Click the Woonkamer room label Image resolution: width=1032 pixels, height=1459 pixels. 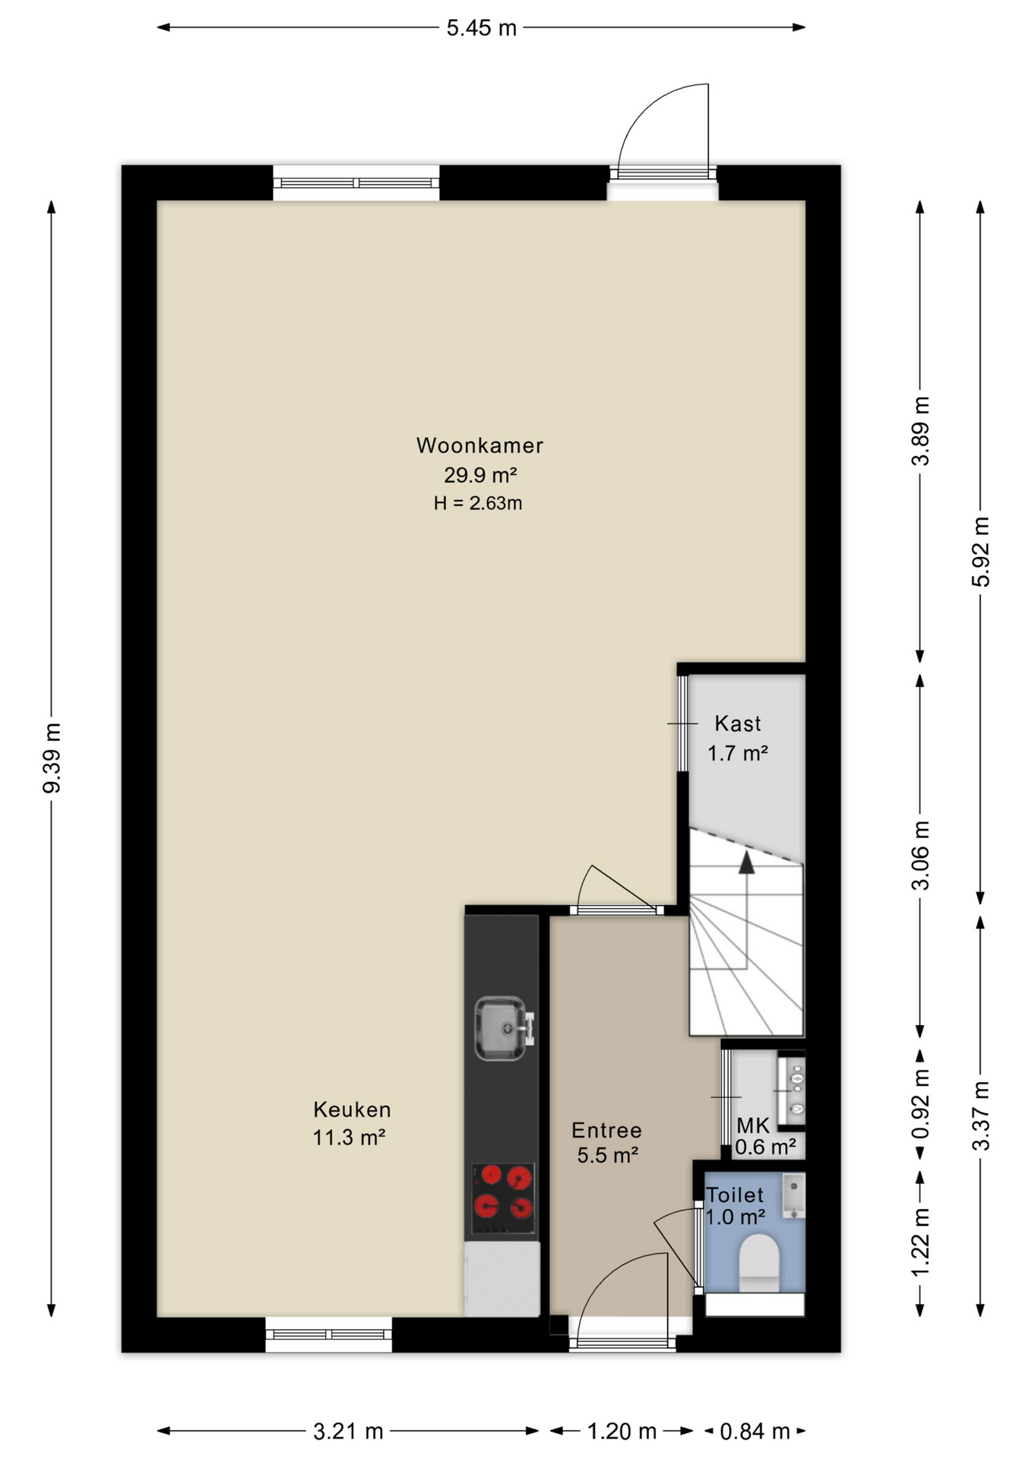click(x=480, y=445)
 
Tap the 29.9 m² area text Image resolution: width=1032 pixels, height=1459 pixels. click(x=480, y=475)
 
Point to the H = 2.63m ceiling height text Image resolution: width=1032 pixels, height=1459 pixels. click(x=478, y=503)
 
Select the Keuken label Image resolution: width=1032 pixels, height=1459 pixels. click(x=352, y=1109)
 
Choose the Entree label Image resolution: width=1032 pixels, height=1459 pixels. click(x=606, y=1131)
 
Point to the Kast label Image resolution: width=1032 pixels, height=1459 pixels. click(x=737, y=724)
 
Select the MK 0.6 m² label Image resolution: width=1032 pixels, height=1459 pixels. click(x=764, y=1136)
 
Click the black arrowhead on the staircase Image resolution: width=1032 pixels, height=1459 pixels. click(x=746, y=862)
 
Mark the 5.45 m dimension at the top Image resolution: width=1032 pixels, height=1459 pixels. click(x=481, y=28)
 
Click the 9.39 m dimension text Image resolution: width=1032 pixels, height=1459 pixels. click(x=52, y=758)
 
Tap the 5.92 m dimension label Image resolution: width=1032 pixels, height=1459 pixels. click(x=980, y=552)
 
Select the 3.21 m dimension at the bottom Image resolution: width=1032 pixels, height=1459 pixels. click(x=348, y=1432)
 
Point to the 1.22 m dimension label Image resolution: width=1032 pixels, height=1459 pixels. click(x=920, y=1242)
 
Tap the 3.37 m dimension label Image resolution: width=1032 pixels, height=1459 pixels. click(x=980, y=1116)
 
